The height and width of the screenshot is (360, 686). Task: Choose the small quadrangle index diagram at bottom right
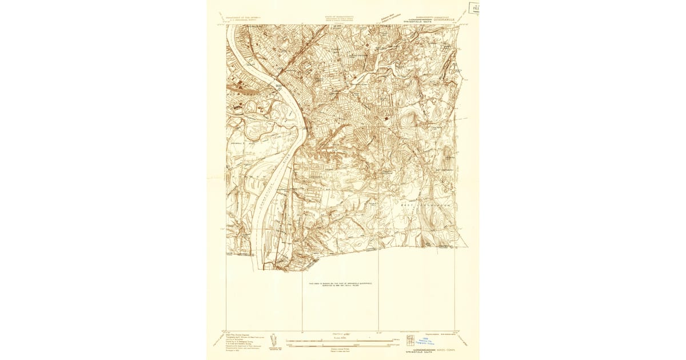tap(410, 341)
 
